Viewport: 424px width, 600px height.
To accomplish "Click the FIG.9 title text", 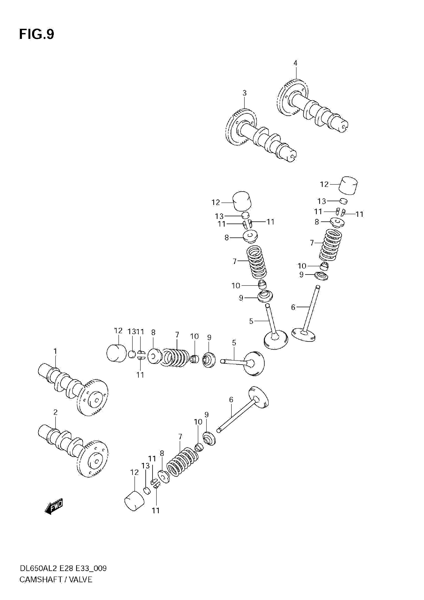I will pyautogui.click(x=37, y=34).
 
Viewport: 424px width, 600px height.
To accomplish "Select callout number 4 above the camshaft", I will pyautogui.click(x=295, y=63).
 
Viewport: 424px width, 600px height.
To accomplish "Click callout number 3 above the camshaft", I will pyautogui.click(x=244, y=93).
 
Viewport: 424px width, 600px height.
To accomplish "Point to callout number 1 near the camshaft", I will pyautogui.click(x=55, y=352).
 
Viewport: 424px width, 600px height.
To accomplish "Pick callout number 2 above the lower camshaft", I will pyautogui.click(x=55, y=412).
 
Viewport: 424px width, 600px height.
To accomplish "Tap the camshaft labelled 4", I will pyautogui.click(x=314, y=107).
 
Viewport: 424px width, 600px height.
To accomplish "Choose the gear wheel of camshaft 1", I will pyautogui.click(x=93, y=397).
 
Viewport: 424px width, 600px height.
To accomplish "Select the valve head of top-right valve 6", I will pyautogui.click(x=304, y=335).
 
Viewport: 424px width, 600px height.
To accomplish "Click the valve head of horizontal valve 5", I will pyautogui.click(x=254, y=364).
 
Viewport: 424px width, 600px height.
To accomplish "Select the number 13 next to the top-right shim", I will pyautogui.click(x=322, y=201).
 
